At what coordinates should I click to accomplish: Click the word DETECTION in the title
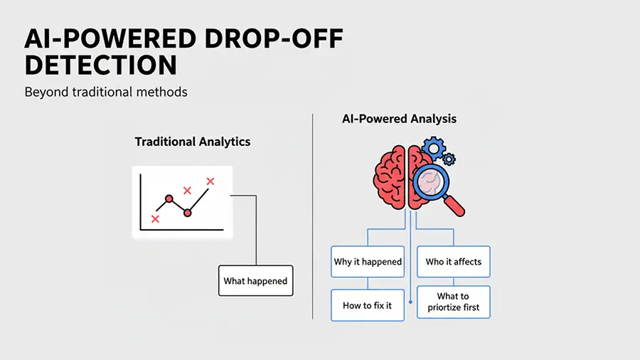100,65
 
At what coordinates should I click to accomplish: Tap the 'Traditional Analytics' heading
193,142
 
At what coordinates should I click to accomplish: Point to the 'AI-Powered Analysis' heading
400,119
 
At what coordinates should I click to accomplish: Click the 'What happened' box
255,281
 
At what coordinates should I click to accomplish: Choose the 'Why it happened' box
368,262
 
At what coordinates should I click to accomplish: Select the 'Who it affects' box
454,262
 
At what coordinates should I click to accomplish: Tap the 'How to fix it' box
368,305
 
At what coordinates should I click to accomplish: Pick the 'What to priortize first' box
454,302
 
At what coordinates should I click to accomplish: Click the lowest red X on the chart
155,219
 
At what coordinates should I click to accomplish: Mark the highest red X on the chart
210,181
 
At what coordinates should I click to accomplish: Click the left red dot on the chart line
169,198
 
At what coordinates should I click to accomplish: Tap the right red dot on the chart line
188,212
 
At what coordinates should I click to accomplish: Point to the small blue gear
449,159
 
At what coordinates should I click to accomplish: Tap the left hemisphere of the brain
390,177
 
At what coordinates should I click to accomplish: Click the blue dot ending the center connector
411,302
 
